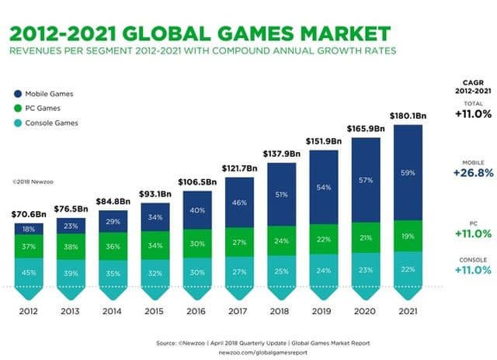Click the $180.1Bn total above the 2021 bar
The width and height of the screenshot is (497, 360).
coord(408,116)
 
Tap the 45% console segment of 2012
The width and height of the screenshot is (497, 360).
coord(28,272)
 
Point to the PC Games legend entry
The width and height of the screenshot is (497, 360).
coord(39,108)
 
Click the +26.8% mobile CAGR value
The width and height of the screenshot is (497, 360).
coord(472,173)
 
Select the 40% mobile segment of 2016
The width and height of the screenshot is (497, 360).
coord(196,209)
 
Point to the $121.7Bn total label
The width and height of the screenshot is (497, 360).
coord(239,168)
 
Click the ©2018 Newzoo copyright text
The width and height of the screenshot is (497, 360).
coord(30,182)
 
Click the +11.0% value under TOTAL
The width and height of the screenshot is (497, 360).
coord(472,114)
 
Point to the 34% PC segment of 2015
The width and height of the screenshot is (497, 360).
coord(155,246)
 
